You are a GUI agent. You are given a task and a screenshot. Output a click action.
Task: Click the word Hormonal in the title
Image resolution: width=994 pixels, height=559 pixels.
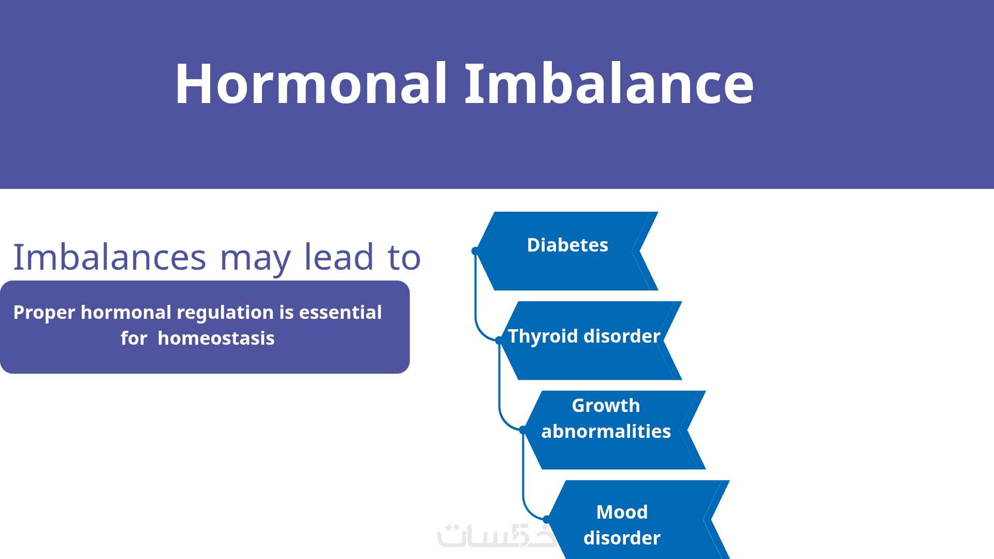click(311, 83)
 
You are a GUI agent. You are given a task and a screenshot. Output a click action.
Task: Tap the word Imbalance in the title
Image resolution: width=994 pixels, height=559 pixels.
click(609, 83)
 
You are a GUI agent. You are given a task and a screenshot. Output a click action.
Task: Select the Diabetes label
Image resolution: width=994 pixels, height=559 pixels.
click(567, 245)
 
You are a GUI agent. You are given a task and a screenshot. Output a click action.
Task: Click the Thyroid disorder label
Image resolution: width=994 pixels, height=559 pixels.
click(584, 336)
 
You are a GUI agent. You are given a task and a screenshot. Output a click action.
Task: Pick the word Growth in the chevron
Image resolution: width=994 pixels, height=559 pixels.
click(606, 405)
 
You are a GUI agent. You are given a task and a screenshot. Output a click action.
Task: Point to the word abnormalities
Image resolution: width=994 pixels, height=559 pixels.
click(606, 431)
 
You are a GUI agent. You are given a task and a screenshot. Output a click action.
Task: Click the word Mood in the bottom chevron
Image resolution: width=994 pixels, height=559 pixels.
click(622, 512)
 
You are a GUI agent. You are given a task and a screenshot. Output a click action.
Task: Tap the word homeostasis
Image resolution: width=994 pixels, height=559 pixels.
click(216, 338)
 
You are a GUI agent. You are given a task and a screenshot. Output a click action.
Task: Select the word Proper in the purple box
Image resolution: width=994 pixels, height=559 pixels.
click(45, 313)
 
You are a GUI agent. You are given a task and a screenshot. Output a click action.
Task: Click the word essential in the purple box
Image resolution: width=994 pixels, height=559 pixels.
click(340, 312)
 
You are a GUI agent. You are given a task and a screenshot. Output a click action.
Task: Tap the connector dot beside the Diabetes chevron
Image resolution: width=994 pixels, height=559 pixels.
click(475, 251)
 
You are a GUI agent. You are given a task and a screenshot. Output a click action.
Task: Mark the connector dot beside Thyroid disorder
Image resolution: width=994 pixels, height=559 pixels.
click(499, 341)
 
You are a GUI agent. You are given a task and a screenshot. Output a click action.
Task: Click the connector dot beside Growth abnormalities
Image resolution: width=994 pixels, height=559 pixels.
click(523, 430)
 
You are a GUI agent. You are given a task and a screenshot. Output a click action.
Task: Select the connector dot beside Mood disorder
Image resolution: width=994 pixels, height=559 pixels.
click(547, 519)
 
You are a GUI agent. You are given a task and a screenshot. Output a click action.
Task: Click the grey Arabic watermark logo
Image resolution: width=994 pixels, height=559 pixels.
click(496, 536)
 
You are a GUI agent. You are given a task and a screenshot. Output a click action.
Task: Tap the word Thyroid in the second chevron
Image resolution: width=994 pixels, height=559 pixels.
click(543, 336)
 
